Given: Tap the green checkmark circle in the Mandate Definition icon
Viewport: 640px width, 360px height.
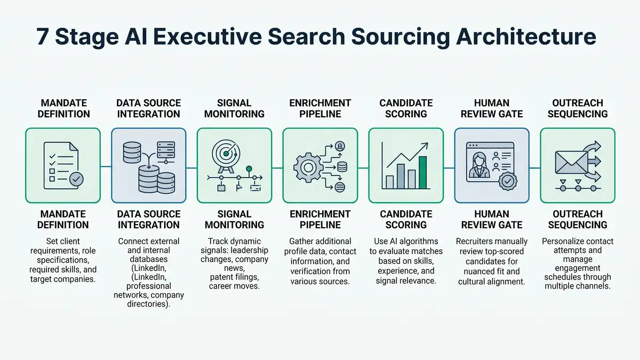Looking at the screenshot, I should (77, 180).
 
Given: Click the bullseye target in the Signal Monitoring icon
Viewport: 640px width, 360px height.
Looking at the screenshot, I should (226, 153).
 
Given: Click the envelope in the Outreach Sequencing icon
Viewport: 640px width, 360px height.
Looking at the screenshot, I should (568, 163).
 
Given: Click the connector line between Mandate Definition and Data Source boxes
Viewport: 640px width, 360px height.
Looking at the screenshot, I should (106, 165).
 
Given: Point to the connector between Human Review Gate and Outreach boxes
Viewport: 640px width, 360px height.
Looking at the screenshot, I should (534, 165).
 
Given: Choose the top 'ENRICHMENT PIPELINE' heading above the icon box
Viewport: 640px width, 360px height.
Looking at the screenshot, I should (320, 108).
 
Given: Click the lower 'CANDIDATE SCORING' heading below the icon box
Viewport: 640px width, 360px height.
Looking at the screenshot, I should (406, 219).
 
